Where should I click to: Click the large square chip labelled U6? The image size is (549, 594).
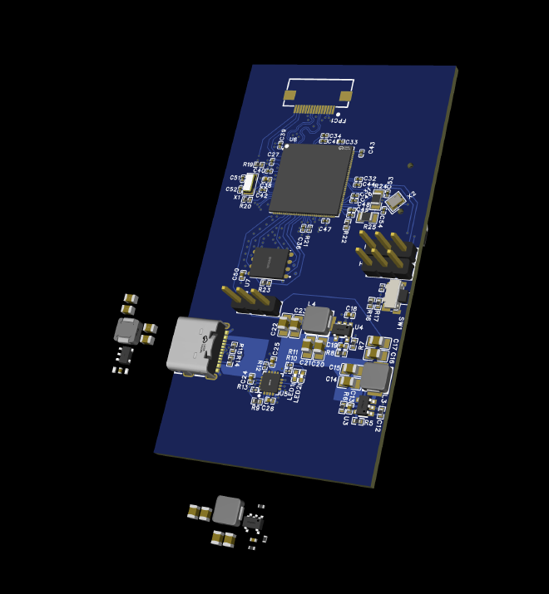click(310, 179)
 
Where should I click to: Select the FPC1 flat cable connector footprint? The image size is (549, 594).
click(318, 99)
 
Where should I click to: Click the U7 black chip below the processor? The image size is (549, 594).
click(270, 263)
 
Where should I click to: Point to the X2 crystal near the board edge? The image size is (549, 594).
click(396, 199)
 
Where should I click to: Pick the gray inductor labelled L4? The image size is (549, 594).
click(316, 319)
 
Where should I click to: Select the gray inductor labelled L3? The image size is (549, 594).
click(375, 376)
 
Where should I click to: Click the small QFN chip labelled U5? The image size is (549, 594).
click(270, 382)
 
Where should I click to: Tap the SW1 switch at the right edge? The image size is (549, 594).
click(392, 293)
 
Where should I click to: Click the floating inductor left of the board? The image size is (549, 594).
click(127, 330)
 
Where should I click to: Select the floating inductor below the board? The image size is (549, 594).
click(227, 510)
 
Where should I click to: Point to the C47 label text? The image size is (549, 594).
click(324, 229)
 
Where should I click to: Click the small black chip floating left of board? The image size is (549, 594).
click(125, 354)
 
